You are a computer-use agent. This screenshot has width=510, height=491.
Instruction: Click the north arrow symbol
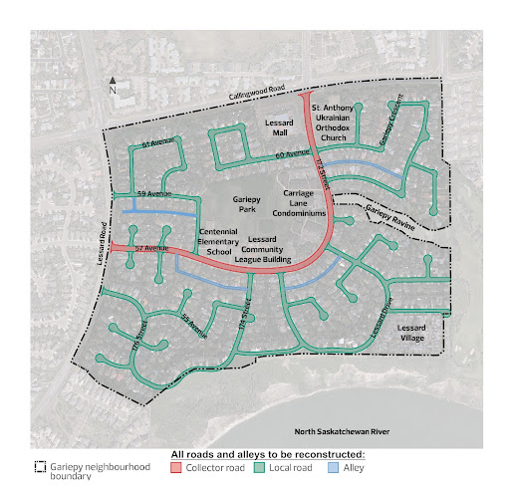114,84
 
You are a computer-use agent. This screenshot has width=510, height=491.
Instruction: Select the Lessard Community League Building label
276,249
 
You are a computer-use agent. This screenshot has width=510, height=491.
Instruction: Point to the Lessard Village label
411,333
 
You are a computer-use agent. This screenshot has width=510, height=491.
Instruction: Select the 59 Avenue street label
154,191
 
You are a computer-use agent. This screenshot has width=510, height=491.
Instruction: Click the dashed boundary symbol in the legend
40,465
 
